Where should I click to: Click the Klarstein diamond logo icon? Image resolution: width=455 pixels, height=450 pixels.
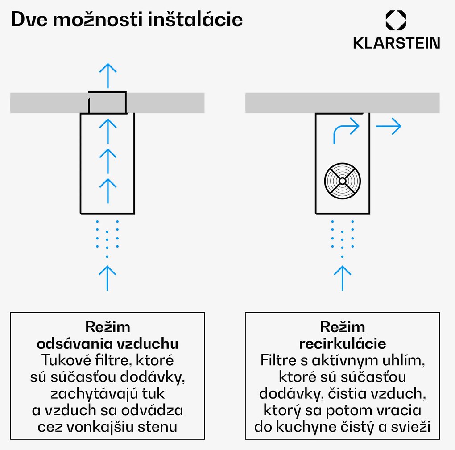point(396,21)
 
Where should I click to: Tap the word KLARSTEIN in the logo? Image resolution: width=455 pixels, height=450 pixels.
point(396,43)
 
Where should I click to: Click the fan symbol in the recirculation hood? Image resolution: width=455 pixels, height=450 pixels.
point(342,181)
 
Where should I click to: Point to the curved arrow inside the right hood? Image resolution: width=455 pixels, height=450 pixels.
point(346,131)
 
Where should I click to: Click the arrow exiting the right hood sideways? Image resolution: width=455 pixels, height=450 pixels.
point(389,127)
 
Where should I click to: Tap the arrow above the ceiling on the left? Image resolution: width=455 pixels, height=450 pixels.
point(107,75)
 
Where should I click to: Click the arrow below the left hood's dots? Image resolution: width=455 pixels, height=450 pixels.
point(107,277)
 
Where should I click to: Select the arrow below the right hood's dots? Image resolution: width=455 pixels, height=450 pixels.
point(342,277)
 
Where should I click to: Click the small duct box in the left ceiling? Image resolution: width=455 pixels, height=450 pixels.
point(107,102)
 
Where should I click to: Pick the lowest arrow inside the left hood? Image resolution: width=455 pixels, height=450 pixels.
point(107,190)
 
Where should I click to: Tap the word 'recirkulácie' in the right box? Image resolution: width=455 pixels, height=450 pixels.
point(342,344)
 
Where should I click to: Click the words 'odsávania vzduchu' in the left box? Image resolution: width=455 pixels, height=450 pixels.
point(107,344)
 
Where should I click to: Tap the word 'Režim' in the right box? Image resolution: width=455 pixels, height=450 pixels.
point(342,327)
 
